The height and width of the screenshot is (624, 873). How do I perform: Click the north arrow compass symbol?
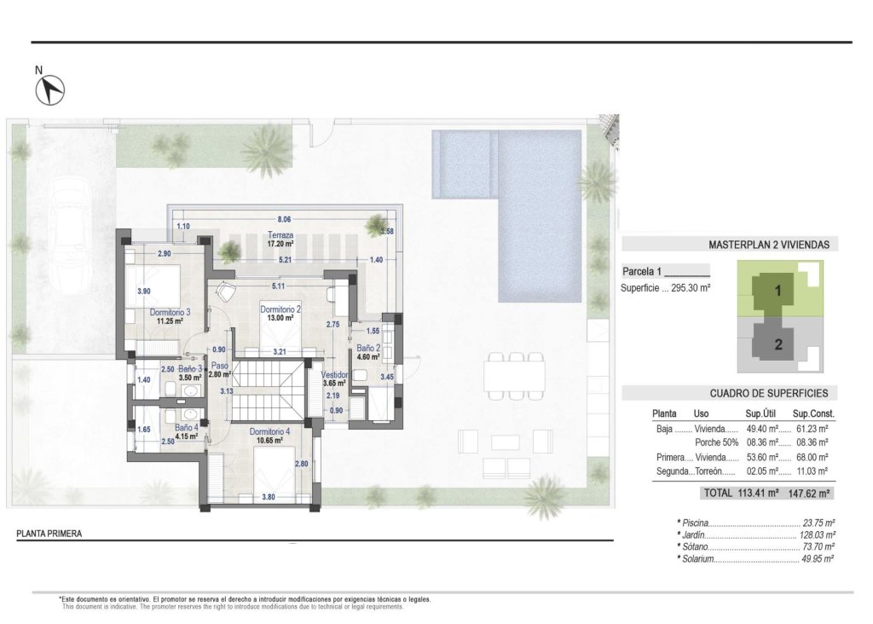(52, 88)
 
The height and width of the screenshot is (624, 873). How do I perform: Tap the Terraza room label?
(280, 235)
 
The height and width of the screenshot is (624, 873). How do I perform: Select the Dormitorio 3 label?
(170, 312)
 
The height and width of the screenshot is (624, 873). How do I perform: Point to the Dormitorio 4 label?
(270, 431)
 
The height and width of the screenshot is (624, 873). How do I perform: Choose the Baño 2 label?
(367, 348)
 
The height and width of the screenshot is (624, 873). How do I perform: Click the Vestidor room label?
(335, 374)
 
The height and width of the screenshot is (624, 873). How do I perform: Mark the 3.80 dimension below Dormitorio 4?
(269, 497)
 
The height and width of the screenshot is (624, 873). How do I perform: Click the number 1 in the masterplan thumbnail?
(778, 290)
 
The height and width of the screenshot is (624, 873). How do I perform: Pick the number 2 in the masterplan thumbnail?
(778, 345)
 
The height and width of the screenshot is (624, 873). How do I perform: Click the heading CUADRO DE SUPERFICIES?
(773, 393)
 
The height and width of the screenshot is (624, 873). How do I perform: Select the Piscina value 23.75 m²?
(818, 523)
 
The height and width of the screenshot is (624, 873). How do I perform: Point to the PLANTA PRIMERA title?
(49, 534)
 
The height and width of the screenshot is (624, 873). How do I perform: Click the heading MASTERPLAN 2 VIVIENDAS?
(768, 245)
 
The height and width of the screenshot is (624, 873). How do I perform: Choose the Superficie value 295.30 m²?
(686, 288)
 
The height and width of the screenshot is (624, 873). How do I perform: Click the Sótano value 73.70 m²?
(818, 546)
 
